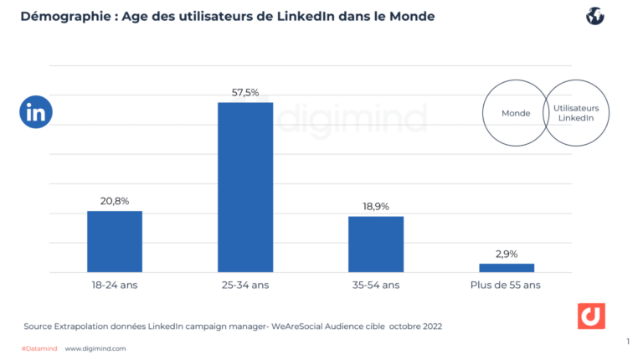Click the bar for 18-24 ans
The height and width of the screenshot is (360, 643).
[115, 241]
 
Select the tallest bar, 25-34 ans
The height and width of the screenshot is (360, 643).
[245, 187]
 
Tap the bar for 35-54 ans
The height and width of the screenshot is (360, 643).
[376, 244]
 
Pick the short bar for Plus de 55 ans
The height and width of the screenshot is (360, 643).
[507, 268]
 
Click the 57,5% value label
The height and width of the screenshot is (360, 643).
[245, 91]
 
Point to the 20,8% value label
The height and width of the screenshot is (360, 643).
[115, 200]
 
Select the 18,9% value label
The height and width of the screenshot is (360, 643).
[376, 206]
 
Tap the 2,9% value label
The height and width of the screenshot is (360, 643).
[507, 253]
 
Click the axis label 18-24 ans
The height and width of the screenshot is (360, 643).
[115, 285]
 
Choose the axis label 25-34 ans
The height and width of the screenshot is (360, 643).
[245, 285]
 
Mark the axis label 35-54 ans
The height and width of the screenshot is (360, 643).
[376, 285]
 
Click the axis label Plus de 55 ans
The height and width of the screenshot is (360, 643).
[507, 285]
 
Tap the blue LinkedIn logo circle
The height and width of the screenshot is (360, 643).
[36, 112]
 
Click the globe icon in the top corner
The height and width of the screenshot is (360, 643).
[595, 16]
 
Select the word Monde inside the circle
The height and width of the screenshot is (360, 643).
[515, 113]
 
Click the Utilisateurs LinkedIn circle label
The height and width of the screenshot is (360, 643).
[576, 113]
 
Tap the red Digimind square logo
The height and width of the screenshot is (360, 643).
[591, 316]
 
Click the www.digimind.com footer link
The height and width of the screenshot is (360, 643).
[95, 348]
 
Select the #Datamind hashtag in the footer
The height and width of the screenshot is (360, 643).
[39, 348]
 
